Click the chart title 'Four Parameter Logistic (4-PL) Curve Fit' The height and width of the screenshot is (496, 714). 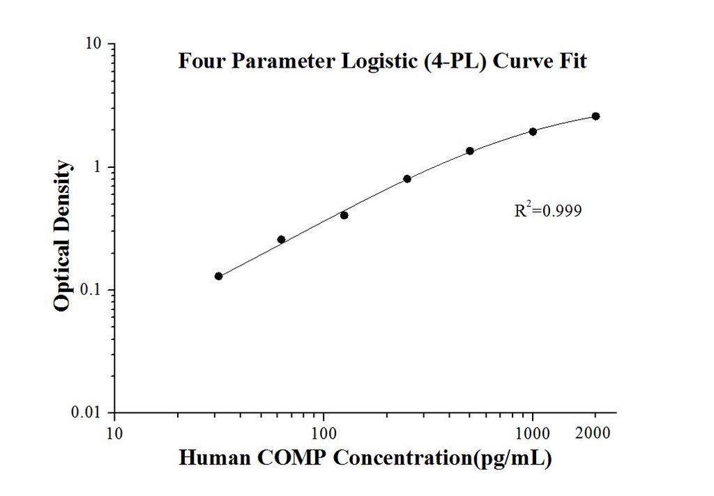coord(382,61)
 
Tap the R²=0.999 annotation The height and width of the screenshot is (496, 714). coord(547,210)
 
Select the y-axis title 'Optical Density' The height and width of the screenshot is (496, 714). coord(63,235)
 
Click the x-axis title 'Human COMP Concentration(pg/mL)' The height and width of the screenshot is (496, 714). coord(366,458)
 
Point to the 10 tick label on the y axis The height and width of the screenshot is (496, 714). coord(95,44)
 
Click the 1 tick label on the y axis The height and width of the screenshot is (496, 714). coord(100,167)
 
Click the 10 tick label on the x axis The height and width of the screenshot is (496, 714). coord(115,433)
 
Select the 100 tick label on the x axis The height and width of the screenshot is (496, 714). coord(324,433)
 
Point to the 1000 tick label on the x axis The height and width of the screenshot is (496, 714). coord(533,433)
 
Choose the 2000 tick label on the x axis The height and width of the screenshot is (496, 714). coord(595,433)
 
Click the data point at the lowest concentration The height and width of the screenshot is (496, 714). coord(219,277)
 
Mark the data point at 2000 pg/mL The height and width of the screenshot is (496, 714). coord(595,116)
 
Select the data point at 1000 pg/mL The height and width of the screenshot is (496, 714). coord(533,132)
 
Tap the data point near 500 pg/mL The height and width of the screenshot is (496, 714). coord(470,151)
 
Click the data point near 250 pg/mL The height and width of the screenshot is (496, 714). coord(407,179)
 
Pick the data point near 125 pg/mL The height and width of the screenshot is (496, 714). coord(344,215)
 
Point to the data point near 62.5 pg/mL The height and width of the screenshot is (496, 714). coord(282,240)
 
